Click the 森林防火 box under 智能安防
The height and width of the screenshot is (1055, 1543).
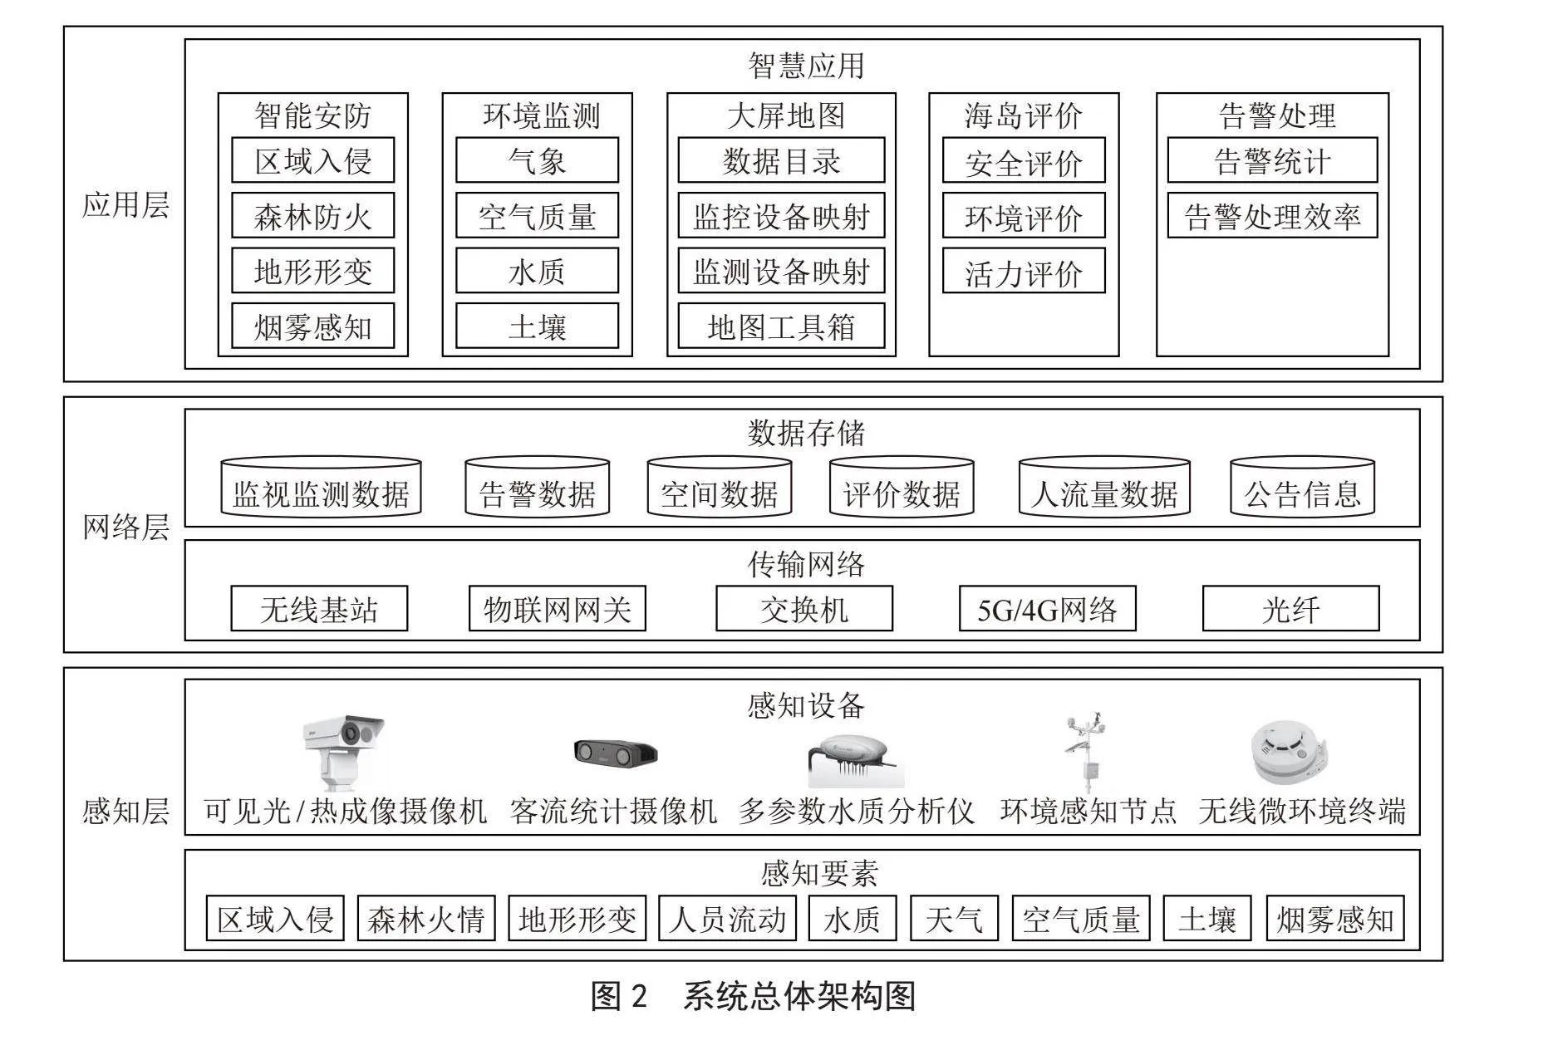pos(312,216)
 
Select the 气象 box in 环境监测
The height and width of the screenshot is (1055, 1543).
pos(537,160)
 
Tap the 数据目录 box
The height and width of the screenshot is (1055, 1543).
pos(781,160)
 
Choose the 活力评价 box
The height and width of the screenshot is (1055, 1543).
pos(1024,271)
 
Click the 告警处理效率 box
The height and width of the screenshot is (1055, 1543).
pos(1272,216)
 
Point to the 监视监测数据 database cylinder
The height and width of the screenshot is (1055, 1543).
pos(321,488)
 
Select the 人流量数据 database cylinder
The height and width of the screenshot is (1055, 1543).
pos(1104,488)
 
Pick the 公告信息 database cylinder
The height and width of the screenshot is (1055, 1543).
pos(1302,488)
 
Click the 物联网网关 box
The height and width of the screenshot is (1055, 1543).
pos(558,609)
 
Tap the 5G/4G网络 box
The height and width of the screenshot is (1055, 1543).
pos(1047,609)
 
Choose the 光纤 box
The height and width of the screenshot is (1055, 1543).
pos(1290,609)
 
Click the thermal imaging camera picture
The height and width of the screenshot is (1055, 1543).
pos(342,753)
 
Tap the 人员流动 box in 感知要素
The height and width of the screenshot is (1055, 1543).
pos(727,918)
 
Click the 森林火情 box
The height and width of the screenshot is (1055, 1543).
pos(426,918)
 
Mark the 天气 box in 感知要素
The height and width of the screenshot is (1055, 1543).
pos(954,918)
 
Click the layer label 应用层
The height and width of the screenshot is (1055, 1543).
pos(125,204)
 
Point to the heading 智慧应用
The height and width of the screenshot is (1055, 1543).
pos(806,66)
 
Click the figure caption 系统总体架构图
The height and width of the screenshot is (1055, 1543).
pos(799,995)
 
